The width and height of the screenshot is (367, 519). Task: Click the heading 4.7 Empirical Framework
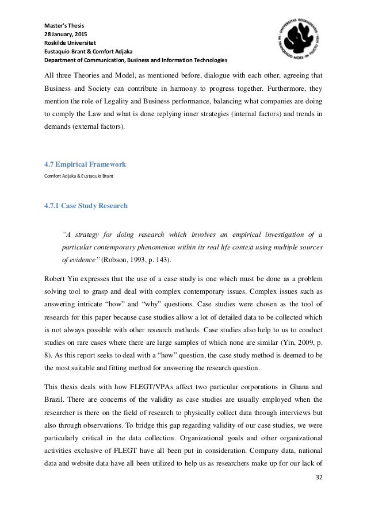(85, 164)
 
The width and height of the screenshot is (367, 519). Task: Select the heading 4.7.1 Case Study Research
(86, 206)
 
